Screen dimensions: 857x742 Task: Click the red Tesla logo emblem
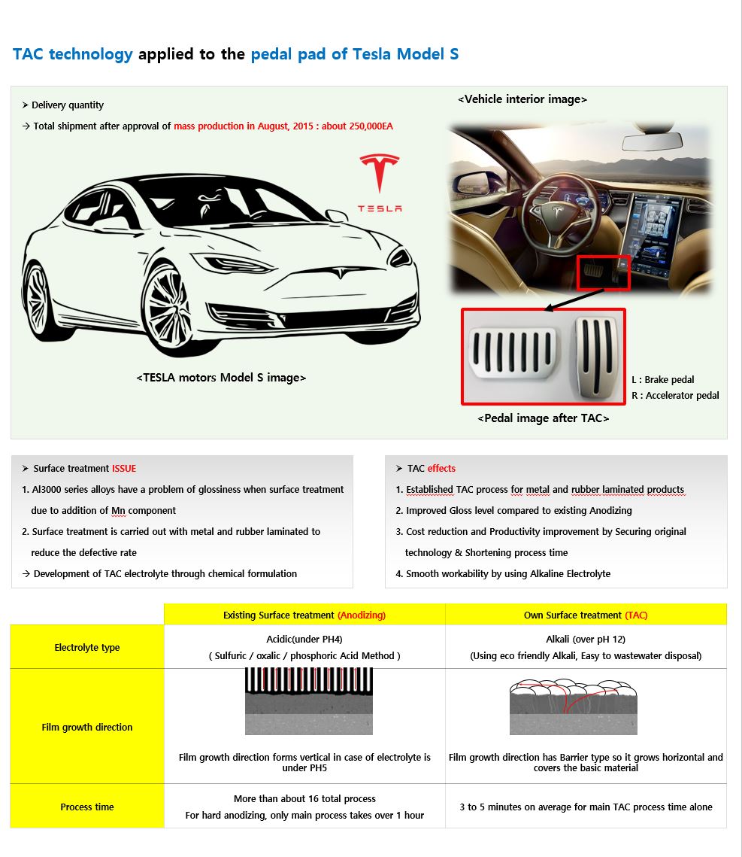point(380,174)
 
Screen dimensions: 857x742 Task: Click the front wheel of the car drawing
point(169,308)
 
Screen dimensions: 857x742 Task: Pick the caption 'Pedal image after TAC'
point(543,418)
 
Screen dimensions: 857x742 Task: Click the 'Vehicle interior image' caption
point(522,99)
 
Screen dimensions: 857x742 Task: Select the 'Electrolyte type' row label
point(87,647)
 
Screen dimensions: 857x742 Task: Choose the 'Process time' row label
point(87,807)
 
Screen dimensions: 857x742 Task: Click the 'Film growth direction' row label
point(87,727)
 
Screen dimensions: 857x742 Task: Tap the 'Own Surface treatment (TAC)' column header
point(586,615)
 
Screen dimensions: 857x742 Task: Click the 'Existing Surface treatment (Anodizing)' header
point(304,615)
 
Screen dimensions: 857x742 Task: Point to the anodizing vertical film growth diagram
point(304,701)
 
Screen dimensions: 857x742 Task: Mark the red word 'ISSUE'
point(124,468)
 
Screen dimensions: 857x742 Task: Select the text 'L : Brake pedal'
point(662,379)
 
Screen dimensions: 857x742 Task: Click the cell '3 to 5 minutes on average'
point(586,807)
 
